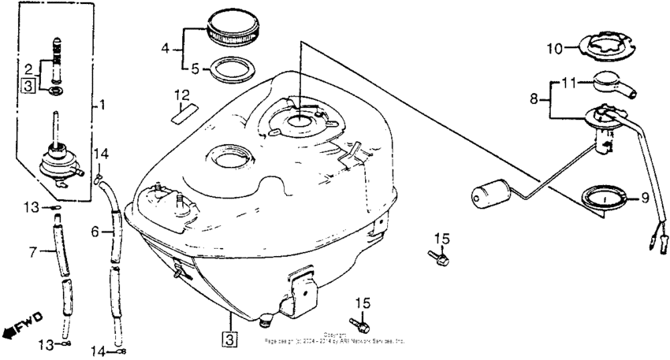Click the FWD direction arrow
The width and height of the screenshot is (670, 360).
pos(22,325)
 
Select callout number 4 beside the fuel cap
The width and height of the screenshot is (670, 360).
pos(165,48)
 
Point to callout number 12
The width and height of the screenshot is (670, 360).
pos(182,96)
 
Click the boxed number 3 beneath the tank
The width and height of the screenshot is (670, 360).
pos(229,340)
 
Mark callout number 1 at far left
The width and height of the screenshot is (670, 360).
pos(101,103)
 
